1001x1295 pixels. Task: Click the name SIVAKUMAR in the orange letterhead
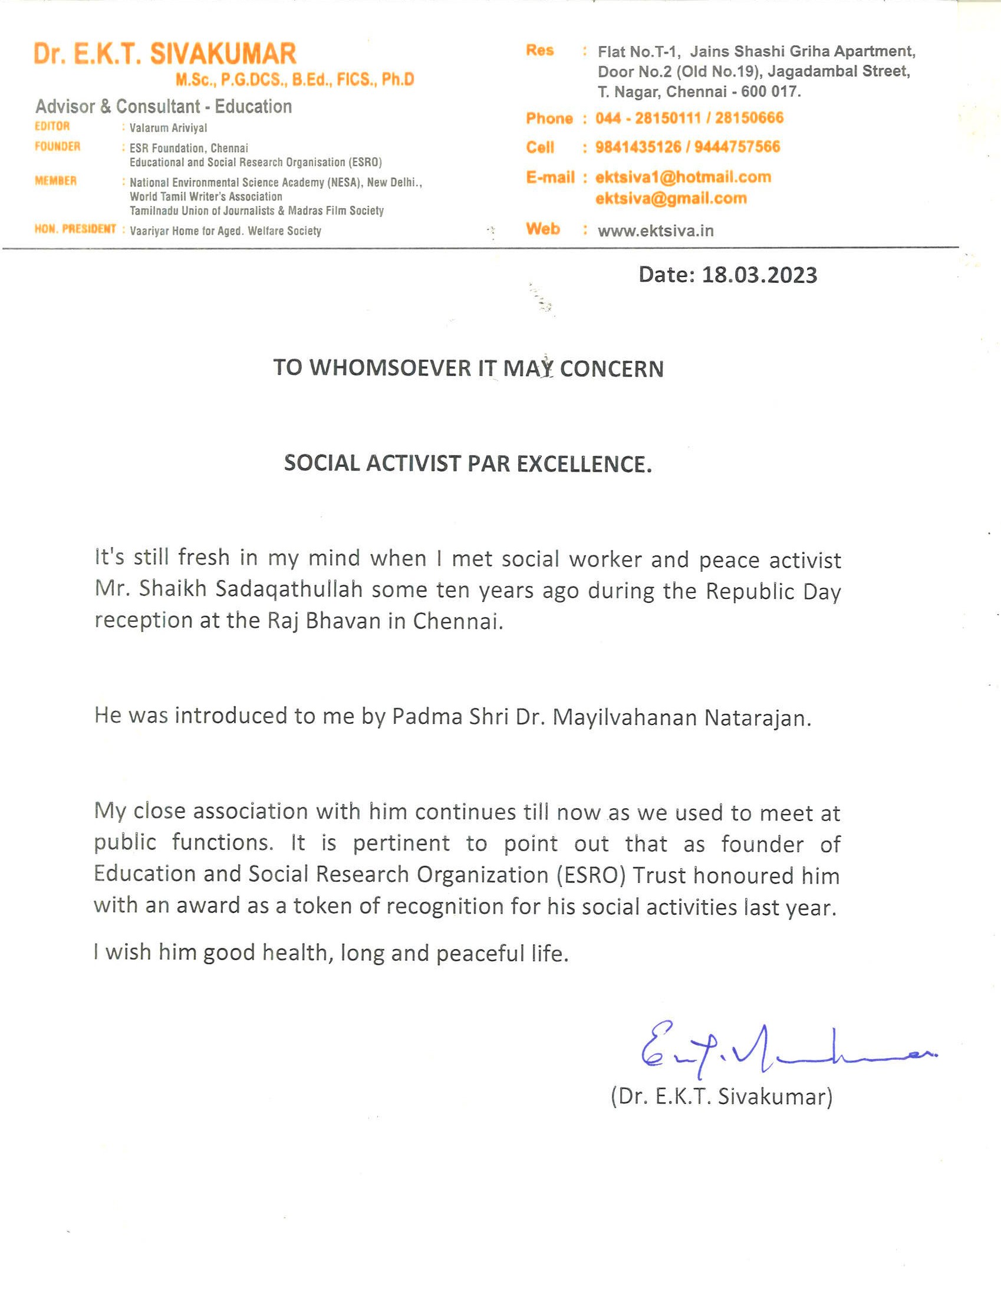click(222, 54)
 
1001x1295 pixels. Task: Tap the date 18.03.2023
click(759, 275)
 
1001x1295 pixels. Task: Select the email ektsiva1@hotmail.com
click(683, 177)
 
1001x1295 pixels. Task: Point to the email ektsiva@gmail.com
click(671, 199)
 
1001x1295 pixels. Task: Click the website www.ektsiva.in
click(656, 230)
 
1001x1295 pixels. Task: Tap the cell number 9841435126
click(638, 147)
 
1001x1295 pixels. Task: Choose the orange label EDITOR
click(52, 126)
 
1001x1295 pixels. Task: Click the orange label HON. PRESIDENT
click(75, 229)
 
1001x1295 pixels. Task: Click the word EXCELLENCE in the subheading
click(584, 464)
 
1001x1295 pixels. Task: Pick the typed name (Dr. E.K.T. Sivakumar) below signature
click(722, 1096)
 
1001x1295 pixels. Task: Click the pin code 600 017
click(771, 92)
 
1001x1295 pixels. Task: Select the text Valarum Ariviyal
click(169, 128)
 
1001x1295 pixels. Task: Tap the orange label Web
click(542, 229)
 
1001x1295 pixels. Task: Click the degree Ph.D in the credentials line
click(398, 80)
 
